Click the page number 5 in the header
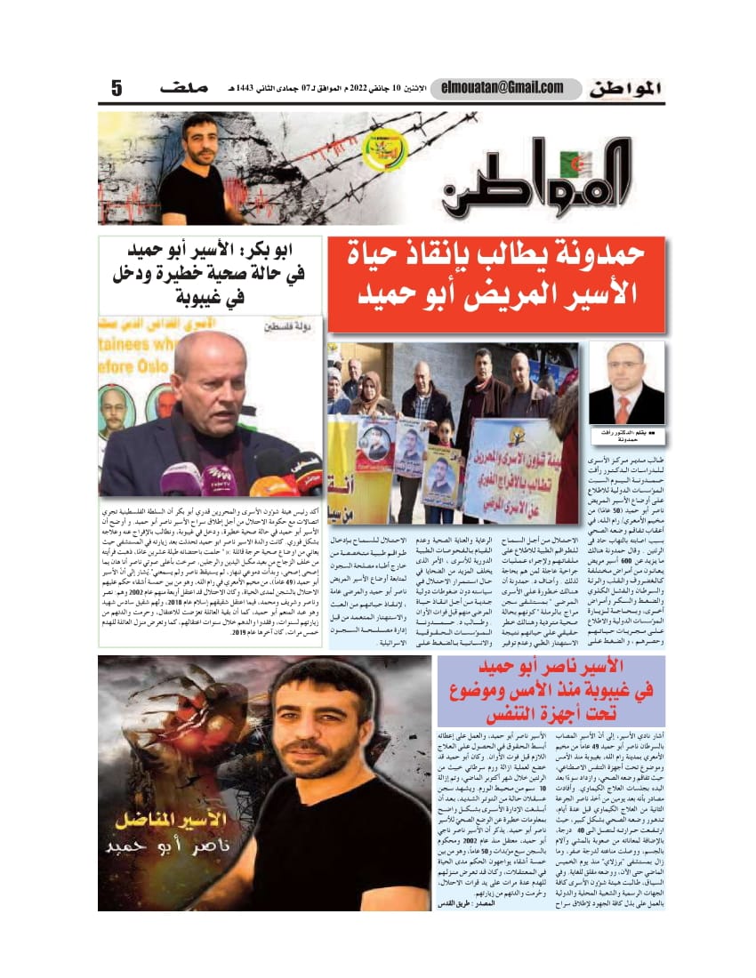tap(117, 89)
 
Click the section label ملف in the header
tap(184, 89)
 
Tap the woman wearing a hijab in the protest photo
tap(372, 391)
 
